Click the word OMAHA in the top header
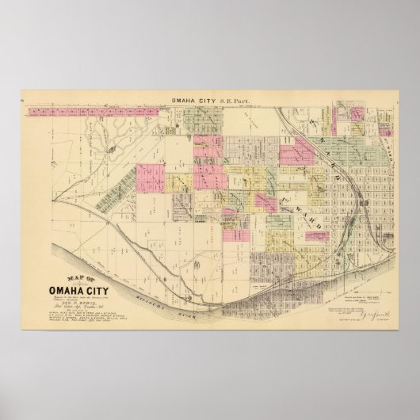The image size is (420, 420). (x=185, y=102)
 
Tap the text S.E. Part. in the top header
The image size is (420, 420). (x=230, y=102)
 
